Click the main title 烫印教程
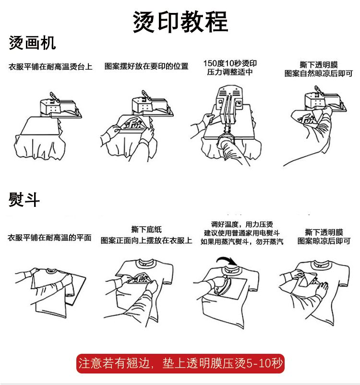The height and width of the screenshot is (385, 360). [180, 22]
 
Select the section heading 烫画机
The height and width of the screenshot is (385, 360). [32, 43]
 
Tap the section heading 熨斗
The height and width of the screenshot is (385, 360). [24, 199]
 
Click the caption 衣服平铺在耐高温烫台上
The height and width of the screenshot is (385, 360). [50, 67]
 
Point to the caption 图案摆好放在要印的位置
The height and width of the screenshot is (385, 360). [146, 66]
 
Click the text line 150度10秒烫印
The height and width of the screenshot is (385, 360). [230, 63]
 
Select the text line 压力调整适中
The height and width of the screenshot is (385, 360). [230, 72]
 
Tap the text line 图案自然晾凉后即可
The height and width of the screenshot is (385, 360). [319, 73]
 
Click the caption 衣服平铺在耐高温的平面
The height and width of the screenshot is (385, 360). [49, 238]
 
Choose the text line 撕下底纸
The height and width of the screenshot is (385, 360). [146, 229]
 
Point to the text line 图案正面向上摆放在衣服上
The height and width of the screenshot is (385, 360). [146, 240]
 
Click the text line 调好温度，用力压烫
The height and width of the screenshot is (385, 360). [242, 224]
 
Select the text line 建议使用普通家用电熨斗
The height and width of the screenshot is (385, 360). [242, 233]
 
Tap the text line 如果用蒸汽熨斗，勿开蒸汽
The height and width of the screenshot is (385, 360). [242, 241]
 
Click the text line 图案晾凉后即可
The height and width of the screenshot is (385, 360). [324, 241]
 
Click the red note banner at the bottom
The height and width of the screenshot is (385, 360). [180, 363]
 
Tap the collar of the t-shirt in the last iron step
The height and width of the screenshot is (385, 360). [320, 265]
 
